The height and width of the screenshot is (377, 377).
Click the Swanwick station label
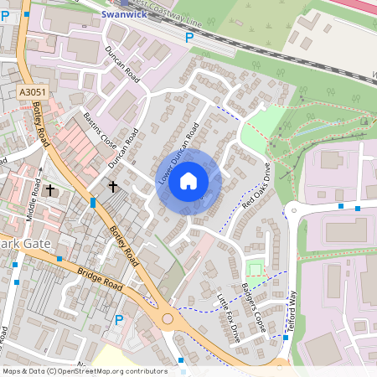click(122, 14)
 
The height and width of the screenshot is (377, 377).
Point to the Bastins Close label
click(100, 129)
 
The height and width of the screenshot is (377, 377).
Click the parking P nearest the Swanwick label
click(189, 38)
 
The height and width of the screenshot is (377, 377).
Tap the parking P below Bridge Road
click(118, 319)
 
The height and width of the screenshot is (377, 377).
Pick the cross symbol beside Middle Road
click(50, 190)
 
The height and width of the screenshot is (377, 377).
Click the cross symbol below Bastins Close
click(112, 185)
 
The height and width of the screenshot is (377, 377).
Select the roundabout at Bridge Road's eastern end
click(168, 319)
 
